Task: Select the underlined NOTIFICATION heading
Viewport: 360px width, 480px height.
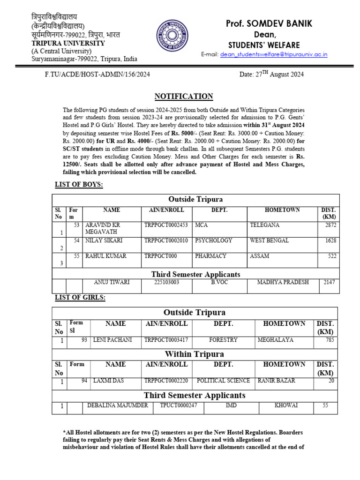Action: click(x=184, y=96)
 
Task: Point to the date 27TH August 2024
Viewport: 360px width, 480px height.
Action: click(x=271, y=74)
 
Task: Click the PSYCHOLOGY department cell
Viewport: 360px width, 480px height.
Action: click(x=214, y=240)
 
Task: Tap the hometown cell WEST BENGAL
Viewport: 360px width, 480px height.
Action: click(x=270, y=240)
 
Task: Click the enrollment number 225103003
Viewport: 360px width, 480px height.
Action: click(x=166, y=282)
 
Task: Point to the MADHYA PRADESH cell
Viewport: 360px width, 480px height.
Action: click(x=283, y=282)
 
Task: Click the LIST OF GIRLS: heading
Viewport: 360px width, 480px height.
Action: click(x=80, y=298)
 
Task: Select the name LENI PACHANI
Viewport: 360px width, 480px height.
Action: click(x=112, y=340)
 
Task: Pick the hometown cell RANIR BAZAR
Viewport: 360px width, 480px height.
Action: click(x=277, y=381)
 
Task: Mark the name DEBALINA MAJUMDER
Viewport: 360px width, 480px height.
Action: click(x=118, y=405)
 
